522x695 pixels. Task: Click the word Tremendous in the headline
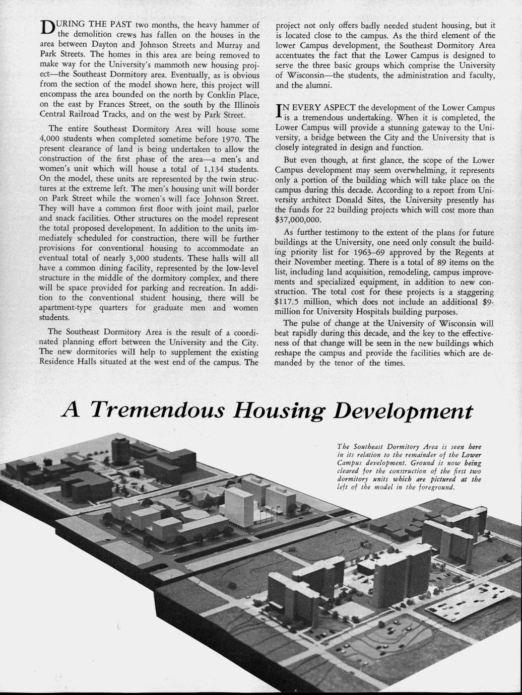[159, 411]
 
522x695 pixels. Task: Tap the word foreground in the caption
[436, 488]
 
